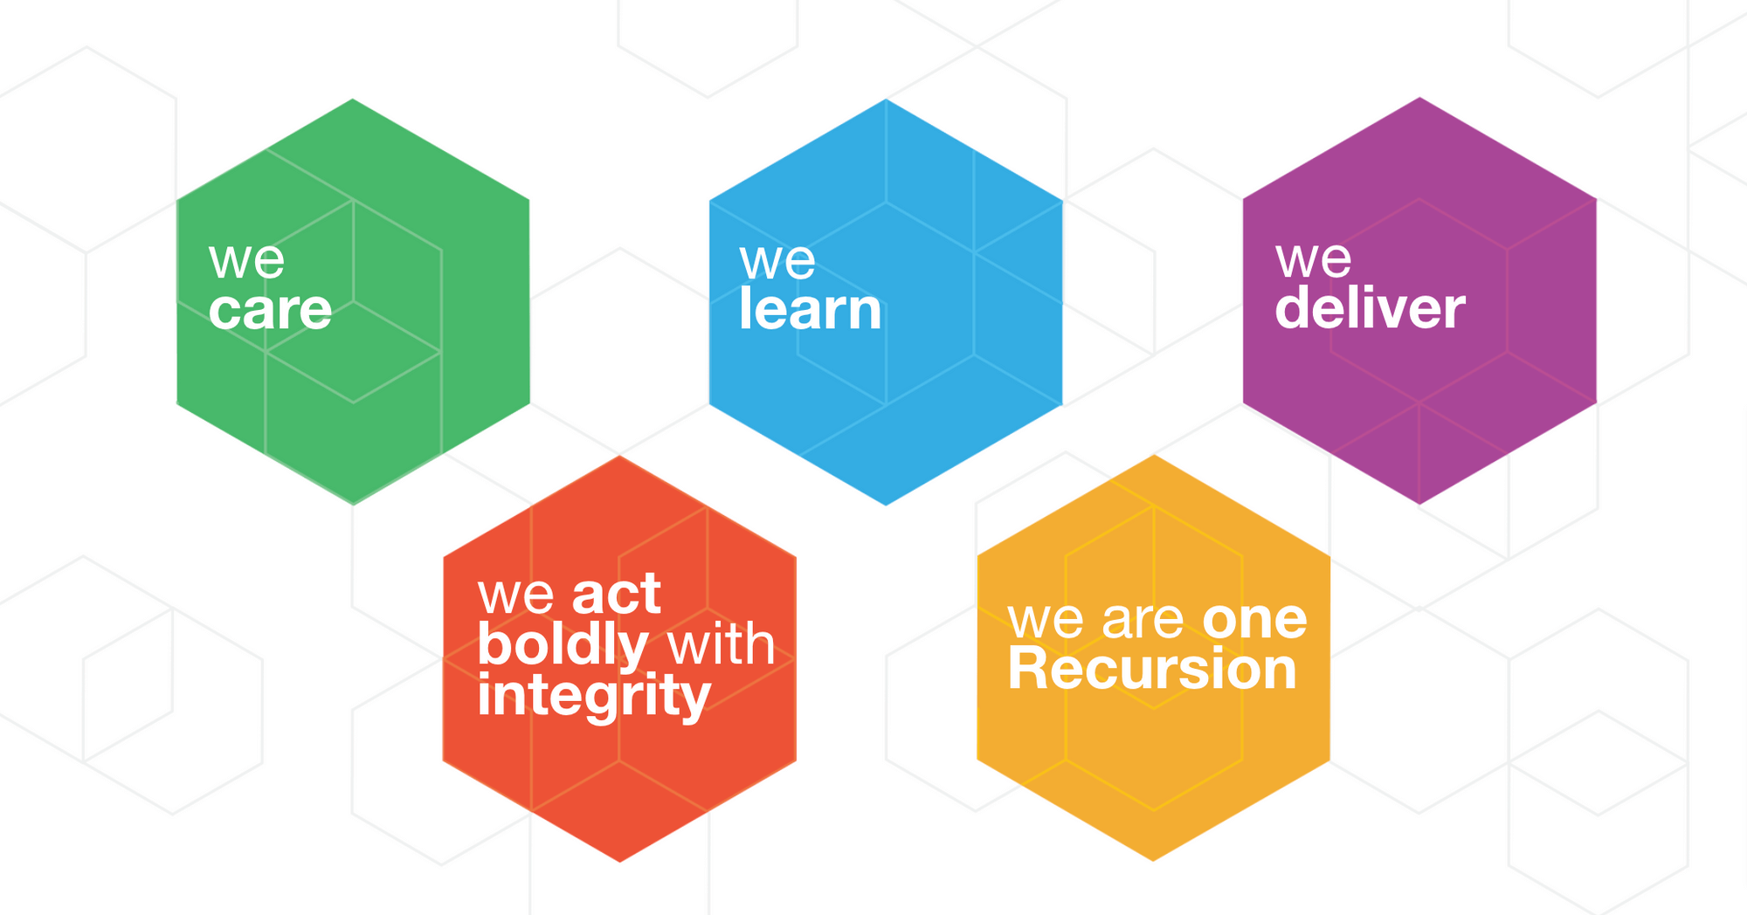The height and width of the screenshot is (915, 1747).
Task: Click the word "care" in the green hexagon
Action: click(x=270, y=311)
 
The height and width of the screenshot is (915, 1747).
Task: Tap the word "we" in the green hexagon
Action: click(x=246, y=261)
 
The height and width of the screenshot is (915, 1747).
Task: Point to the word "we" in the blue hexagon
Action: click(x=777, y=261)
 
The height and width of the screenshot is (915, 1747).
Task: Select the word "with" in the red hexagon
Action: click(x=721, y=645)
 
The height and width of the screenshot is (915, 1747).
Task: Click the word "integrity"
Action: click(x=594, y=698)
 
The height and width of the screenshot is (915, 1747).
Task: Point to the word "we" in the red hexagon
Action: click(x=515, y=595)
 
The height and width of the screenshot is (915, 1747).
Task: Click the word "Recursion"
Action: click(x=1152, y=670)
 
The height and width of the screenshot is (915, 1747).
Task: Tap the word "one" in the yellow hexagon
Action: click(x=1254, y=620)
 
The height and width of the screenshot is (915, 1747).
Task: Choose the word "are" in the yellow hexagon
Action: click(x=1143, y=621)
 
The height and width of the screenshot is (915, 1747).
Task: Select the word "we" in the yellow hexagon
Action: click(x=1046, y=621)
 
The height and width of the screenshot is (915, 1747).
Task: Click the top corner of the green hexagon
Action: click(x=353, y=100)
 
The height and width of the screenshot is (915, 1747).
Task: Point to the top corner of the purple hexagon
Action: click(x=1419, y=98)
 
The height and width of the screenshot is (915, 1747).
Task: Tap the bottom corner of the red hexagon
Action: click(x=620, y=861)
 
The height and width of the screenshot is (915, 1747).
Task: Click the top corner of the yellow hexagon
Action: click(x=1153, y=456)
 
